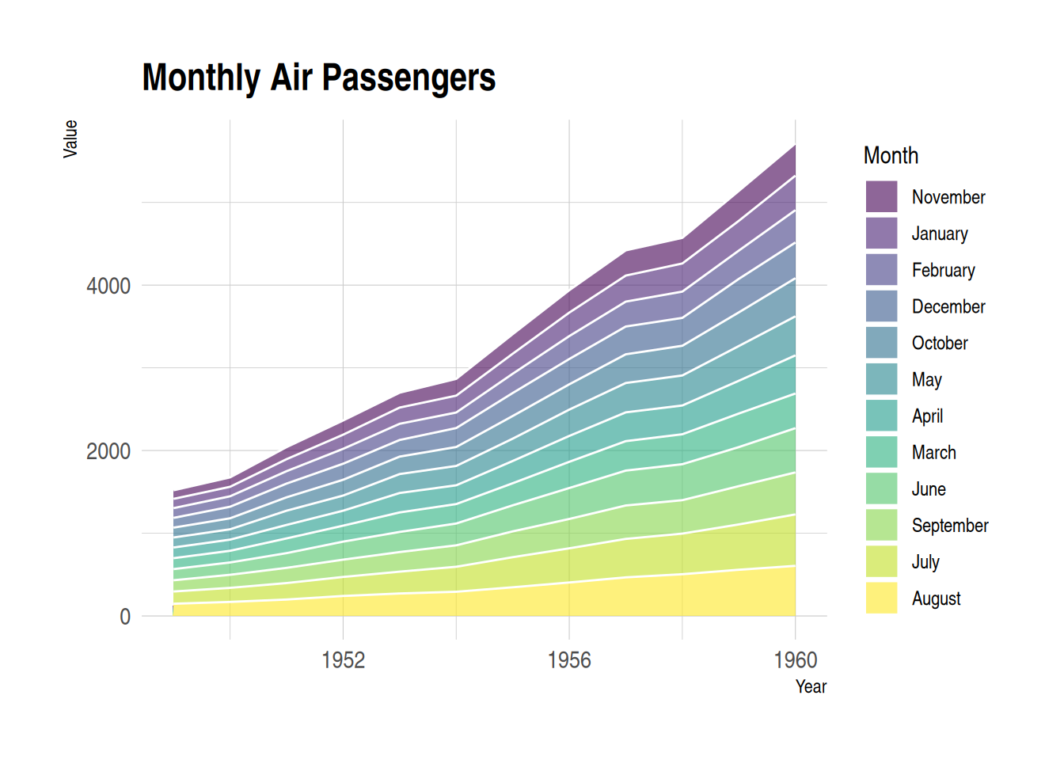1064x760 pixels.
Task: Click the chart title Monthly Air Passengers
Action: tap(318, 78)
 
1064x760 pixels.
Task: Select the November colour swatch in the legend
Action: tap(881, 197)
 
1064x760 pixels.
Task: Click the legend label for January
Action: tap(940, 234)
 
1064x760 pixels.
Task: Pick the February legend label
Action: tap(943, 270)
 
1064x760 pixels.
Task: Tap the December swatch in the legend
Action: tap(881, 306)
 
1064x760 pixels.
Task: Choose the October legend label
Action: tap(940, 343)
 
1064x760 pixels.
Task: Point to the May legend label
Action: tap(926, 379)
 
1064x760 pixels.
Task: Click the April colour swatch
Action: tap(881, 416)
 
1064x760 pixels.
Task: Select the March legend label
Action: tap(933, 452)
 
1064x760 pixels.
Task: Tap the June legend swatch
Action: tap(881, 488)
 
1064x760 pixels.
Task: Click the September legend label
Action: tap(950, 525)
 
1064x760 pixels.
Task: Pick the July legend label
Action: tap(925, 561)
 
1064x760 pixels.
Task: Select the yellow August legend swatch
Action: tap(881, 598)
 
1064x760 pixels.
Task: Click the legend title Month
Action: tap(891, 155)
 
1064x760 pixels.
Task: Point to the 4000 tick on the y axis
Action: tap(108, 286)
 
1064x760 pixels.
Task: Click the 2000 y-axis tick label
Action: tap(108, 451)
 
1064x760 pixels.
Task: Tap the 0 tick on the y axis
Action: tap(125, 617)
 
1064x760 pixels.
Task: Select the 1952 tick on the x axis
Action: tap(344, 659)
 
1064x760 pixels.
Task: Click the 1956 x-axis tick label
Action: tap(569, 659)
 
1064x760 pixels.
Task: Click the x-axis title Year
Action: tap(811, 686)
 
